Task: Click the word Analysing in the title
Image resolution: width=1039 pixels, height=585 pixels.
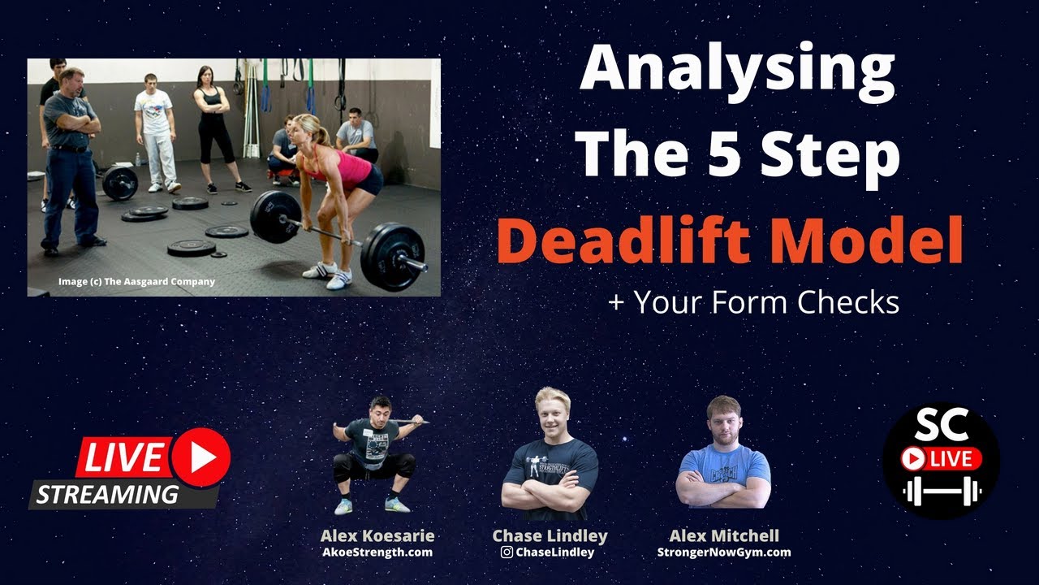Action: pos(737,71)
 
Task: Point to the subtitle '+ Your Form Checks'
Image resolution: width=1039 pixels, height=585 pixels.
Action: pos(753,302)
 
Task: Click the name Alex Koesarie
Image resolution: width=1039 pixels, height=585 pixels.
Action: pos(377,536)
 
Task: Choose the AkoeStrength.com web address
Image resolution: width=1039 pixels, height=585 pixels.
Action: pos(377,552)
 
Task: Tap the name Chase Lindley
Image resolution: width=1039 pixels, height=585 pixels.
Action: pos(550,536)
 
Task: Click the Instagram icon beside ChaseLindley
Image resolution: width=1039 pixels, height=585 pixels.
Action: pos(507,552)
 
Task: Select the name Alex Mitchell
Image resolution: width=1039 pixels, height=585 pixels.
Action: pos(723,536)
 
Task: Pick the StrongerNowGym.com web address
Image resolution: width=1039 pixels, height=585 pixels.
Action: pos(723,552)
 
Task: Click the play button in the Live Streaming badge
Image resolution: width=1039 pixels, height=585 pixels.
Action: pos(200,457)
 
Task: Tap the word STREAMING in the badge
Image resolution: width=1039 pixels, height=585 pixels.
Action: pos(107,494)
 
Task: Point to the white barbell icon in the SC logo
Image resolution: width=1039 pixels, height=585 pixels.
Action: pos(942,491)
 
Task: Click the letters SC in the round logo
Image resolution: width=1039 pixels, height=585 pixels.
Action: pos(942,425)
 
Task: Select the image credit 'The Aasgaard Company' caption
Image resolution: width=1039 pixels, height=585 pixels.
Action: pos(136,282)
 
